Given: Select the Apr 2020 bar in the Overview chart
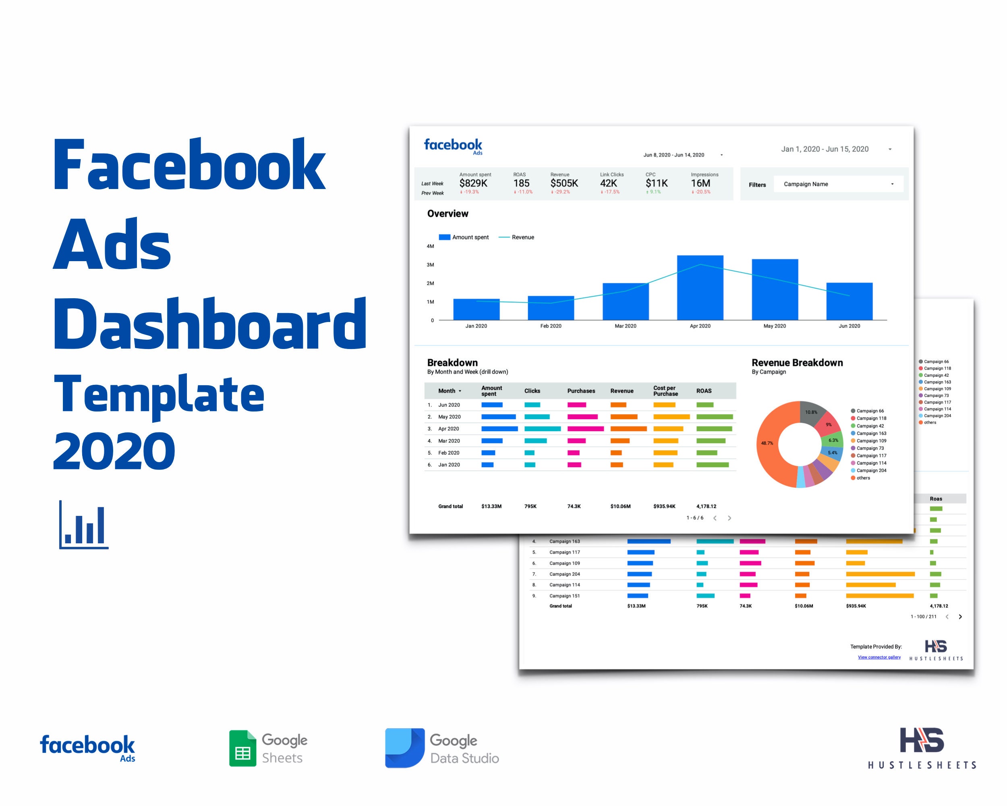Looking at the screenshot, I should (700, 287).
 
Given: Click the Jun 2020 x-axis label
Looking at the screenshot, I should (849, 326).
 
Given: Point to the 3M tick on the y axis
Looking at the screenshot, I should (430, 265).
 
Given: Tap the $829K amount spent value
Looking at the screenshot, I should (473, 183).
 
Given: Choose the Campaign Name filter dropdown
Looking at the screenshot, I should (838, 184).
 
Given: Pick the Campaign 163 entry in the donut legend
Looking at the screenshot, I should (871, 433).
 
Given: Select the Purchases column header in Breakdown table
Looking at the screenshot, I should (580, 391).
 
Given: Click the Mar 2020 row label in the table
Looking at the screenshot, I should (449, 440).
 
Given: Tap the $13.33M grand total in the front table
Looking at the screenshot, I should (491, 507).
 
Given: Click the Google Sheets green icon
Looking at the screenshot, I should (242, 748).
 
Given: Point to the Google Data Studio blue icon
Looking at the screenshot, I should (404, 748).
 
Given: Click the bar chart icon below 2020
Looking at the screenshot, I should (84, 525).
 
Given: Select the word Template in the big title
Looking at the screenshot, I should (159, 395).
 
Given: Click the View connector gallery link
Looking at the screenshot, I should (879, 657).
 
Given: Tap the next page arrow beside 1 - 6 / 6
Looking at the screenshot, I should (729, 518).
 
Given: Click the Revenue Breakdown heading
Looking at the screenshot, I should (797, 363).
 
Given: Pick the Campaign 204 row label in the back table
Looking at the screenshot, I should (564, 574).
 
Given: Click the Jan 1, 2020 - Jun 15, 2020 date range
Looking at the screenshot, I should (825, 149).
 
